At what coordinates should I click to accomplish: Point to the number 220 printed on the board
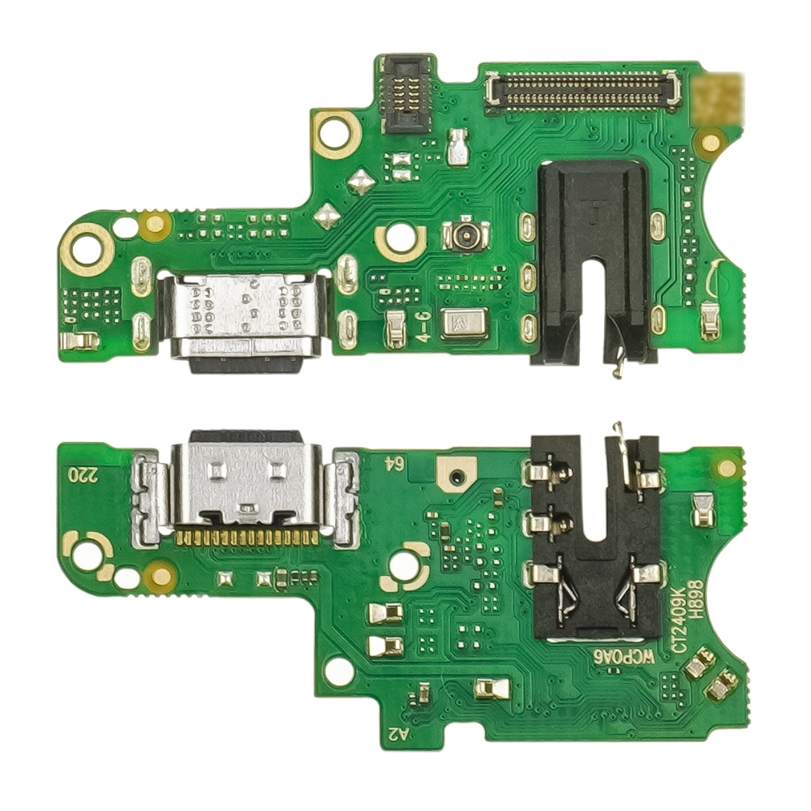(84, 474)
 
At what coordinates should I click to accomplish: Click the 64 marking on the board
(394, 463)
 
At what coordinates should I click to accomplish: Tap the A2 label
(398, 733)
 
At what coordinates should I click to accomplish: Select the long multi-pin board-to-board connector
(581, 90)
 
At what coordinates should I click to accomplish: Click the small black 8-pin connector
(406, 94)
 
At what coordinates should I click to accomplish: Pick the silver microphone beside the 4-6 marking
(465, 323)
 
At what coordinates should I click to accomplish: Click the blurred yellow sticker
(719, 97)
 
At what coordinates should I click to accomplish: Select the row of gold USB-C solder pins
(247, 536)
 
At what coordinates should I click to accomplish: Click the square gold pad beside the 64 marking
(457, 472)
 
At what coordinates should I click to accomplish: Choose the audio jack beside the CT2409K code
(594, 535)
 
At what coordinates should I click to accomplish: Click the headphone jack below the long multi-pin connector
(594, 260)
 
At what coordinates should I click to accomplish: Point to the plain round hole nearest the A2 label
(339, 672)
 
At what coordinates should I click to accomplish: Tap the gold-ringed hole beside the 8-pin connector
(336, 134)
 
